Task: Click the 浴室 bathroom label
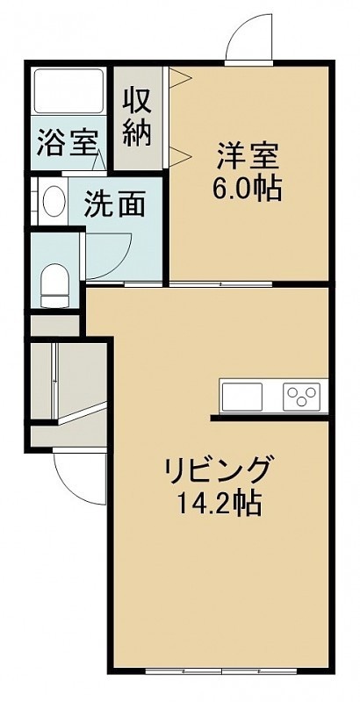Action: [x=67, y=142]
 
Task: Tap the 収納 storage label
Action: [x=138, y=118]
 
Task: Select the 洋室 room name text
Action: [x=248, y=156]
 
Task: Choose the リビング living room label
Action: [x=219, y=469]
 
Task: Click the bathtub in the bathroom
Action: [x=69, y=91]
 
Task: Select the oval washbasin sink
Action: [x=54, y=202]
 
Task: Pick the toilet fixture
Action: [x=54, y=285]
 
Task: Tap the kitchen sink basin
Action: [x=241, y=397]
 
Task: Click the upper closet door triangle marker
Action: [x=181, y=77]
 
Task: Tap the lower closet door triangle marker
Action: [x=181, y=156]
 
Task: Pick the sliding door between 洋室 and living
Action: [x=220, y=283]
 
